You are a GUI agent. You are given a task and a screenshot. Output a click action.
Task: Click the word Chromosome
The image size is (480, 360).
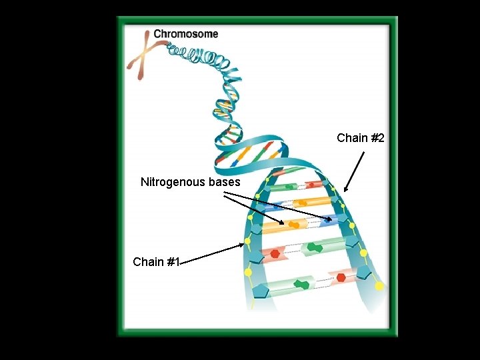[x=185, y=33]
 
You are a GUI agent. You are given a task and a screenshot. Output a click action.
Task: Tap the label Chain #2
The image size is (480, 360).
[x=361, y=138]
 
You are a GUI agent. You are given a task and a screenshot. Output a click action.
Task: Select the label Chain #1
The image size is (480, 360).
[x=157, y=262]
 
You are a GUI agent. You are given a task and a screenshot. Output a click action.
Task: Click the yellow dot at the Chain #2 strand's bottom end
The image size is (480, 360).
[x=379, y=286]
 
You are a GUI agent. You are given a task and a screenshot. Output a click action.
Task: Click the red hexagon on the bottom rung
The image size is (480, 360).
[x=341, y=277]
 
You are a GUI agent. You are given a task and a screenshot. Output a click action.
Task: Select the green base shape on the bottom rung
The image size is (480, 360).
[x=302, y=283]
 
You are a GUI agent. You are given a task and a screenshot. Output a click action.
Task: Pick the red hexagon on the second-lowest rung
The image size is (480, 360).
[x=275, y=253]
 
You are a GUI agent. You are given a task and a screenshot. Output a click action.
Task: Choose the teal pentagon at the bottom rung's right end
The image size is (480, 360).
[x=365, y=273]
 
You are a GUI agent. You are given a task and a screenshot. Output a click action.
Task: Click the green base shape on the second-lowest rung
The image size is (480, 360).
[x=313, y=247]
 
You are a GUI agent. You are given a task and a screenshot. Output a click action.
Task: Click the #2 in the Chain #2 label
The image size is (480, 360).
[x=377, y=138]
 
